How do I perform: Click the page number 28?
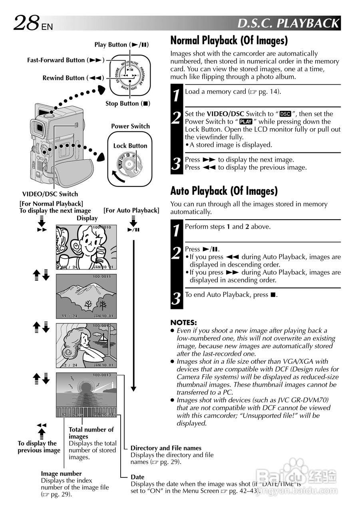[26, 23]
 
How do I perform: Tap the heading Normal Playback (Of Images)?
[229, 41]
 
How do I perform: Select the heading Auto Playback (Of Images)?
[224, 191]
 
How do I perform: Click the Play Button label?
[121, 45]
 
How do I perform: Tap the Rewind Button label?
[73, 78]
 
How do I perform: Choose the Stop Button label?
[127, 103]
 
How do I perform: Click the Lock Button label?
[130, 146]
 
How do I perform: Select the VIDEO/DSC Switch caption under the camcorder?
[50, 194]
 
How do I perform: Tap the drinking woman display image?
[86, 248]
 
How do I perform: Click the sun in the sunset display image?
[86, 387]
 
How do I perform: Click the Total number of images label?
[91, 433]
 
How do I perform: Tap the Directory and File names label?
[166, 448]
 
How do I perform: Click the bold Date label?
[137, 477]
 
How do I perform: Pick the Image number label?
[61, 473]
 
